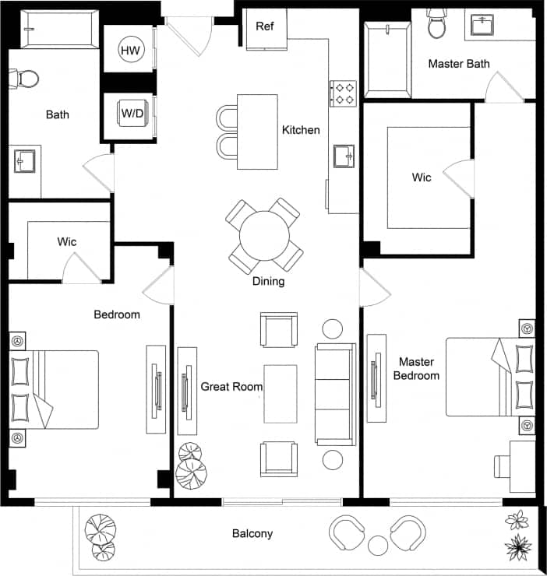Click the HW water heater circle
[131, 51]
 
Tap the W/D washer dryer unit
[131, 114]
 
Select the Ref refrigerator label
[265, 25]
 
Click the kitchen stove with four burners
[343, 93]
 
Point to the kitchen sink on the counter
[344, 156]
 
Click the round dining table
[264, 234]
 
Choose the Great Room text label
[231, 386]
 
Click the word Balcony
[252, 533]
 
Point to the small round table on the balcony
[378, 544]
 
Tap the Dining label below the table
[268, 281]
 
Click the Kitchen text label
[301, 130]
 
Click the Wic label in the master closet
[422, 177]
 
